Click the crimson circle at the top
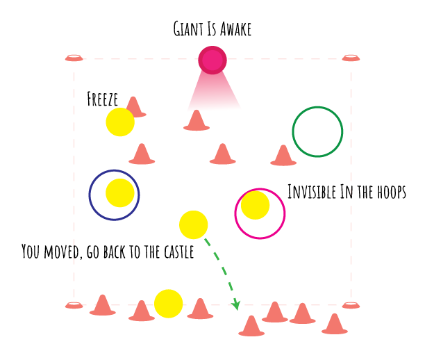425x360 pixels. click(x=212, y=60)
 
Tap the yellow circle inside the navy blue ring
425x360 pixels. click(x=119, y=195)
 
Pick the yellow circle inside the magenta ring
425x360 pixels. click(x=258, y=212)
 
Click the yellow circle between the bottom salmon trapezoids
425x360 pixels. click(x=169, y=305)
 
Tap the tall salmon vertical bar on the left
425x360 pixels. click(x=76, y=174)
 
